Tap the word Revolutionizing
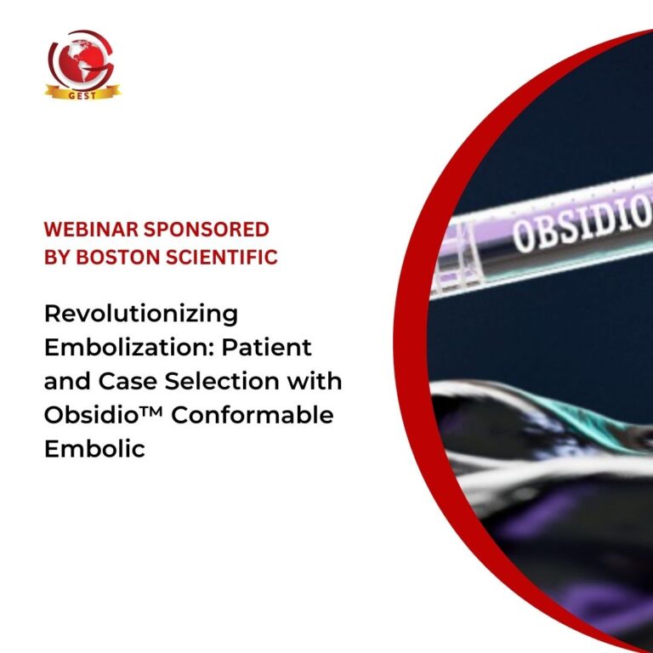click(141, 314)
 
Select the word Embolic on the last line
click(94, 448)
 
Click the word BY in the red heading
click(57, 257)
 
